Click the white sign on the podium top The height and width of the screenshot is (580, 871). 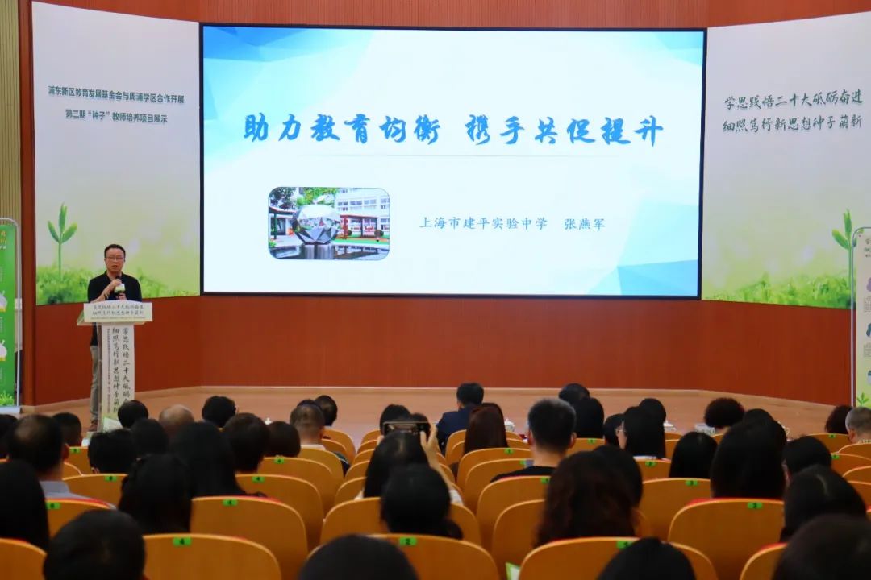[118, 312]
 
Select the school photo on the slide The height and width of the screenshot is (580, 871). [328, 223]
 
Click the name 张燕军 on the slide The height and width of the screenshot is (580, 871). [584, 223]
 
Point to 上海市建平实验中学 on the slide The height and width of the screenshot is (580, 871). [482, 223]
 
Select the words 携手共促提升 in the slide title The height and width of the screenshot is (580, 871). [564, 129]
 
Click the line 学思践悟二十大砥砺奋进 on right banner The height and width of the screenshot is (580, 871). [781, 101]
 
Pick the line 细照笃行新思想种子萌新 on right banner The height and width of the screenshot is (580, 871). [781, 123]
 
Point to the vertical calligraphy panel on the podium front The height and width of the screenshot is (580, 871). [118, 367]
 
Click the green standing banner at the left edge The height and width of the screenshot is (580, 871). [7, 314]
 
